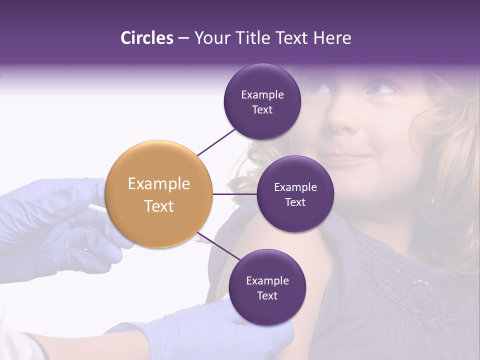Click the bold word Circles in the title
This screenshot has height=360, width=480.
pyautogui.click(x=146, y=38)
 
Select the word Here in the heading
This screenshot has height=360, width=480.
pyautogui.click(x=332, y=38)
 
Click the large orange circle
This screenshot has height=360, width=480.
pyautogui.click(x=159, y=194)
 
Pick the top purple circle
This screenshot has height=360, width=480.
pyautogui.click(x=262, y=102)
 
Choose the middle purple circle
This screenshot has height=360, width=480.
pyautogui.click(x=295, y=194)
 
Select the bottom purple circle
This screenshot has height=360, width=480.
pyautogui.click(x=267, y=287)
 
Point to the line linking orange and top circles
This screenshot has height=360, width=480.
pyautogui.click(x=216, y=142)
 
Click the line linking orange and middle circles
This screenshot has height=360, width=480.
pyautogui.click(x=234, y=194)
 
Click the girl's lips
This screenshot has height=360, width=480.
pyautogui.click(x=345, y=159)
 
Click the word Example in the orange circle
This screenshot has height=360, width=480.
pyautogui.click(x=159, y=184)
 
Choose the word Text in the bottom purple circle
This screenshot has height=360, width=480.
pyautogui.click(x=267, y=295)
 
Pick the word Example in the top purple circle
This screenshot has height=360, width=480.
pyautogui.click(x=262, y=94)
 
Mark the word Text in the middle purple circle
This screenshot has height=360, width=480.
pyautogui.click(x=295, y=202)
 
